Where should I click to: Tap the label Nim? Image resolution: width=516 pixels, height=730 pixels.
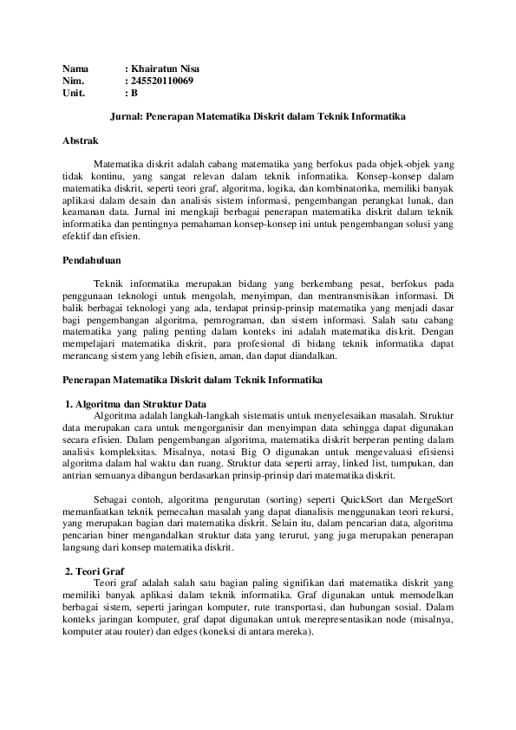click(73, 80)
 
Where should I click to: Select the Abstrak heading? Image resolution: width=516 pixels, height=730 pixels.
click(82, 140)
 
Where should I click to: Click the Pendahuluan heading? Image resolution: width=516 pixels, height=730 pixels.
click(92, 259)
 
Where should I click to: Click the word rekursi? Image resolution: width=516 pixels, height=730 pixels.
click(437, 512)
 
